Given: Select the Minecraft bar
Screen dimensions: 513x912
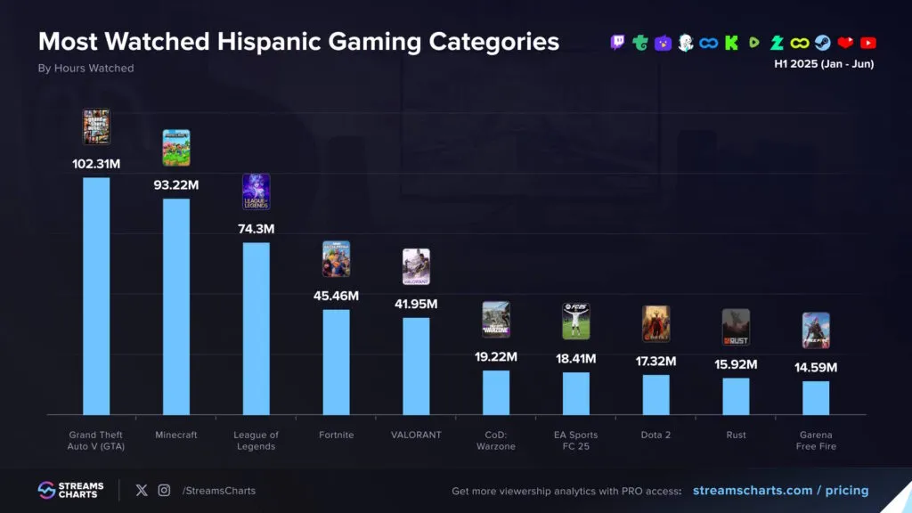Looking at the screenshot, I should [x=176, y=306].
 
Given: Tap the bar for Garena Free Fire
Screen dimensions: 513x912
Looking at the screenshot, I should [x=816, y=397].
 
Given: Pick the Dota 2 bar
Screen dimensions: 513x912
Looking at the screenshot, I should [x=655, y=395].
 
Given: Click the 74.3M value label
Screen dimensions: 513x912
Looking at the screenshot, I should [x=256, y=229].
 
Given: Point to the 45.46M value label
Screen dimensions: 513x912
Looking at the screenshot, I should [x=336, y=295].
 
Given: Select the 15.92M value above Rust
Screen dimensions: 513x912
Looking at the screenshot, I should [x=736, y=364].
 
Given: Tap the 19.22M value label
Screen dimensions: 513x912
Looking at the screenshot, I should [x=496, y=356].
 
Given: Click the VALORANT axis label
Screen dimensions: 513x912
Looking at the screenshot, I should [x=416, y=436].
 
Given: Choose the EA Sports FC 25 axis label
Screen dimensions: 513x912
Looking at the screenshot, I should [x=576, y=441].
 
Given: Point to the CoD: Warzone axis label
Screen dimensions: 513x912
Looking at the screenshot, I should [x=496, y=441].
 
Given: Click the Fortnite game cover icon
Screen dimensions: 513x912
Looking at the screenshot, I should [x=336, y=259].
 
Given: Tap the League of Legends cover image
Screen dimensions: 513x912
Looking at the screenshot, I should [x=256, y=191].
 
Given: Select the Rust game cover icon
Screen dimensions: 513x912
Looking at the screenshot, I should [x=736, y=327].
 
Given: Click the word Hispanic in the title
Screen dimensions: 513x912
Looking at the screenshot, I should [x=276, y=41].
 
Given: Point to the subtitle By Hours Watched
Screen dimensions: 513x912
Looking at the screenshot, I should [x=85, y=69].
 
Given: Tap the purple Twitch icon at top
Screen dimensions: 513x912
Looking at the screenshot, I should [x=618, y=42].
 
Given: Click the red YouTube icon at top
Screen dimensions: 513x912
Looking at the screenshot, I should [x=868, y=42].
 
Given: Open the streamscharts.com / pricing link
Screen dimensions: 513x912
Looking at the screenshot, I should [x=780, y=491].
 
